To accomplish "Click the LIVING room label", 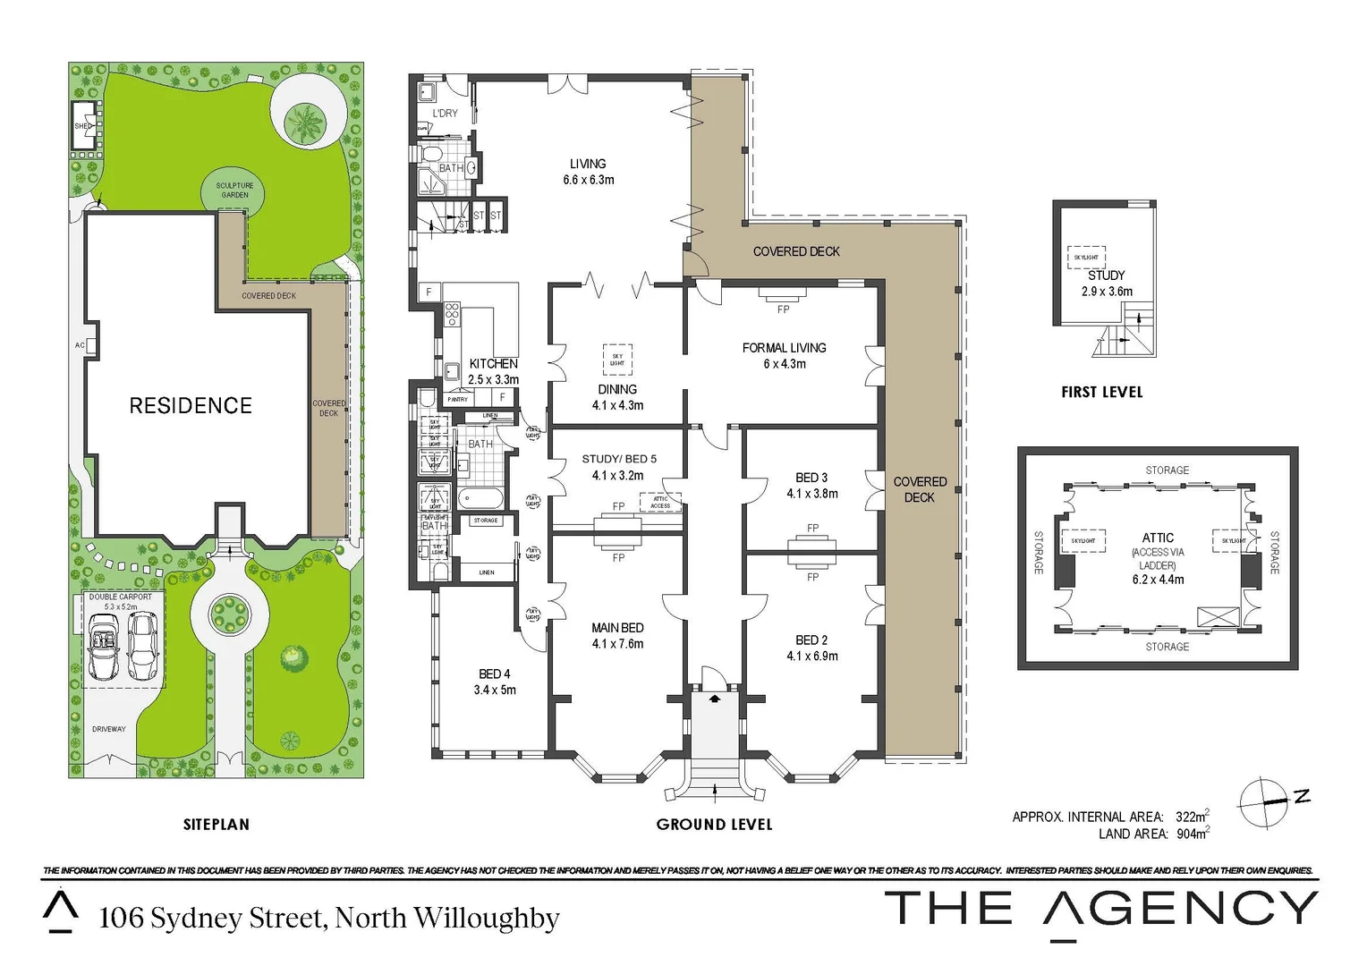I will point(588,164).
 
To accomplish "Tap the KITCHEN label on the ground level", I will point(493,363).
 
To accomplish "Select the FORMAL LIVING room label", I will point(784,347).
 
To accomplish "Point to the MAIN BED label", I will point(617,628).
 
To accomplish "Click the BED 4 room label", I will point(495,674).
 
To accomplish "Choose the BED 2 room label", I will point(811,640).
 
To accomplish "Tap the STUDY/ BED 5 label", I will point(619,459).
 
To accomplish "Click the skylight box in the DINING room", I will point(617,360).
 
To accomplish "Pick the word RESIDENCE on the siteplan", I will point(191,405).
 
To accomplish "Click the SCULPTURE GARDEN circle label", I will point(234,191).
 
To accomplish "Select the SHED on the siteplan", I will point(84,126).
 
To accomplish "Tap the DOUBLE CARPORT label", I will point(121,597).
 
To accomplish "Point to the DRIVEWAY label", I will point(109,729).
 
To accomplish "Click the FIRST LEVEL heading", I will point(1101,392).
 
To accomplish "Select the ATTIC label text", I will point(1158,538).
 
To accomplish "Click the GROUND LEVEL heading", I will point(714,824).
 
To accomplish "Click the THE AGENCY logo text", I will point(1100,909).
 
